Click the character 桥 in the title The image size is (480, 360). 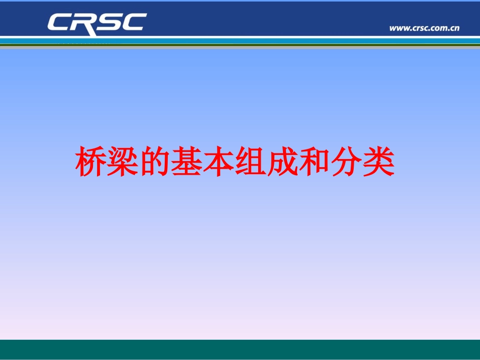91,163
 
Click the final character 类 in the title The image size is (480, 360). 378,163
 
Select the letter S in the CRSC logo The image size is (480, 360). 108,23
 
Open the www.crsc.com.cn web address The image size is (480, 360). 424,28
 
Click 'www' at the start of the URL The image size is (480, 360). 398,28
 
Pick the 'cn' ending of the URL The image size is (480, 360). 454,28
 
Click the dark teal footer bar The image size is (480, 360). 240,349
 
